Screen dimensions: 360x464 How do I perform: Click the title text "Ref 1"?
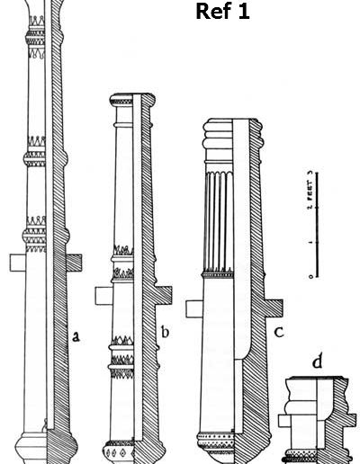(222, 12)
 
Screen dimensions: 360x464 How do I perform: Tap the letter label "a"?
(76, 336)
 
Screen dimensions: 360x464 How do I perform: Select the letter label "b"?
(165, 332)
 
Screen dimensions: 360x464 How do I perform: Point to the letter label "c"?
(279, 332)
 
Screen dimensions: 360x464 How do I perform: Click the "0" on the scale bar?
(311, 276)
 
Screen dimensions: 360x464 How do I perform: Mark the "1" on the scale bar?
(311, 242)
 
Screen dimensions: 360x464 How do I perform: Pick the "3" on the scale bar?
(311, 173)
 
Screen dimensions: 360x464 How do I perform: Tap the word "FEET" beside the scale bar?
(310, 190)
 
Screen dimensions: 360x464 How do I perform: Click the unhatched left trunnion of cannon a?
(18, 263)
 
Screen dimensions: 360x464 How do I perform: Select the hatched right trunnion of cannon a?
(74, 263)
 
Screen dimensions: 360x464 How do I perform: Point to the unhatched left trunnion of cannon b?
(103, 296)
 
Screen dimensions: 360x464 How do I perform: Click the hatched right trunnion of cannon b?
(164, 296)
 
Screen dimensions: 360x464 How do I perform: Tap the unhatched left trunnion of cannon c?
(194, 308)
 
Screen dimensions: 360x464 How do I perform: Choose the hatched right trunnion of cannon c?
(274, 308)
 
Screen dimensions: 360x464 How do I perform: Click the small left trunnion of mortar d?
(283, 421)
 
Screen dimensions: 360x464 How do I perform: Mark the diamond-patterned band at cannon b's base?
(119, 452)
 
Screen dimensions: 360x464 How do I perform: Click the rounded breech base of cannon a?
(47, 449)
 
